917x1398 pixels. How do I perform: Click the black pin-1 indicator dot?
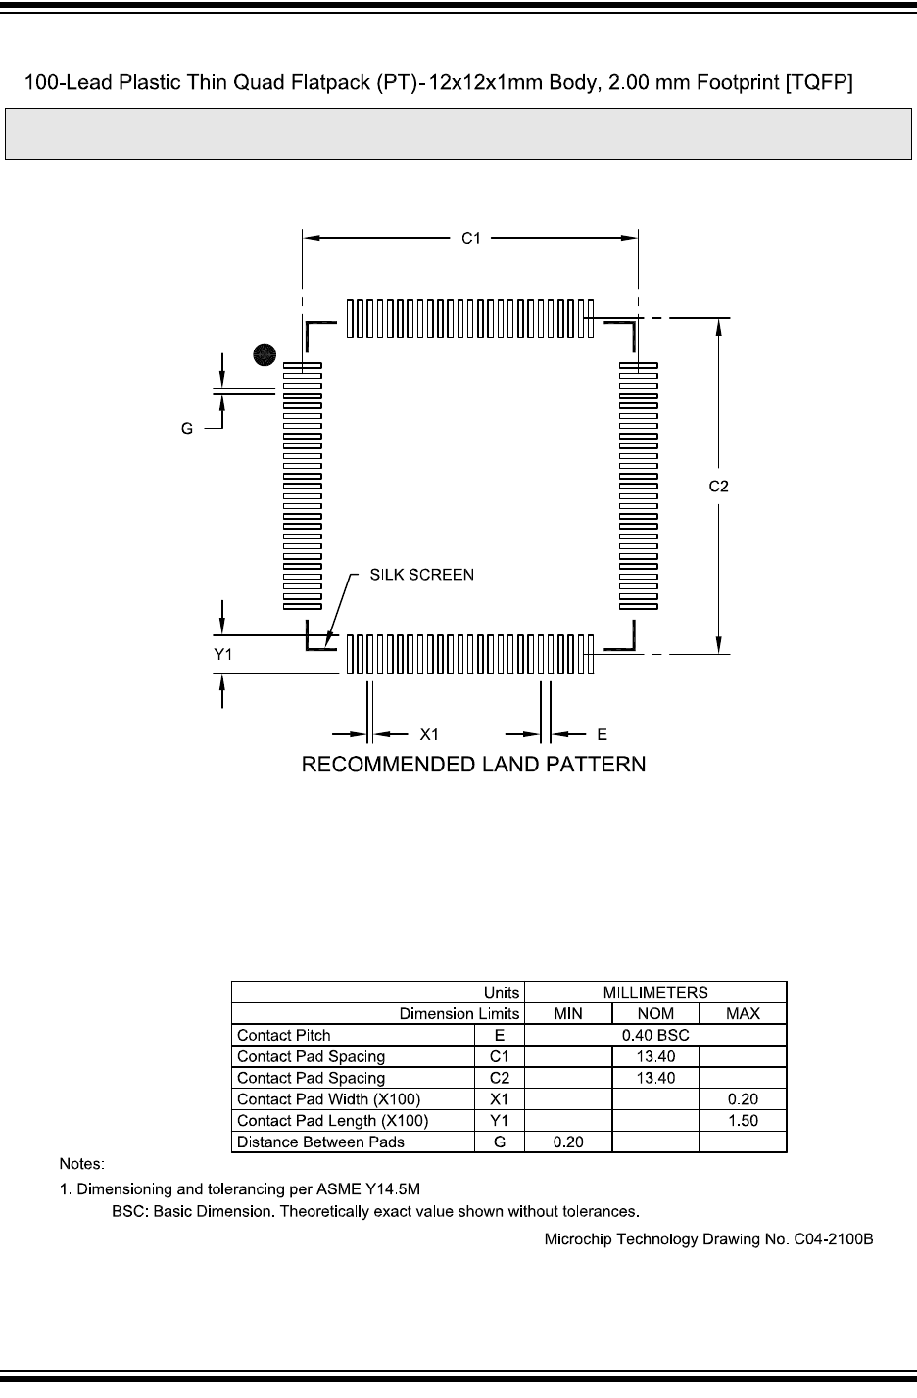[263, 355]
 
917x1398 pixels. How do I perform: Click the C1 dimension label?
[471, 238]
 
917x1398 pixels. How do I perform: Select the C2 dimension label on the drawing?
[719, 486]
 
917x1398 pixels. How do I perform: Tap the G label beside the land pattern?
[186, 428]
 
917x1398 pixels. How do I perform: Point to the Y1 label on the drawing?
[223, 655]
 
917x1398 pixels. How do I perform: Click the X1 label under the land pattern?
[429, 733]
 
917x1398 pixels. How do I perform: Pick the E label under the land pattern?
[603, 733]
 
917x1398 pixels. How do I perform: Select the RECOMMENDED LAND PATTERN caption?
[473, 764]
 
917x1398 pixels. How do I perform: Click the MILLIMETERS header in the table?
[655, 993]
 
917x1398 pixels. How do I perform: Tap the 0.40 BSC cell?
[655, 1036]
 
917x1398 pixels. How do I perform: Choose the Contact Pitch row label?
[284, 1036]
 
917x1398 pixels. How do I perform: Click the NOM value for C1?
[655, 1057]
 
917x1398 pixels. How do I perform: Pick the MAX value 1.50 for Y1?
[743, 1121]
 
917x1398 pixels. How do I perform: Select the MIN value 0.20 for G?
[568, 1142]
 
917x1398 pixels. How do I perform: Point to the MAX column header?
[743, 1014]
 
